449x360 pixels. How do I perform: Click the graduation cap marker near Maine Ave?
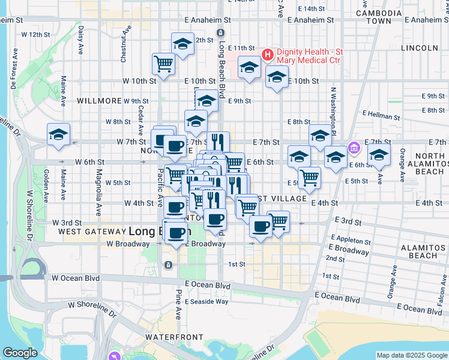58,135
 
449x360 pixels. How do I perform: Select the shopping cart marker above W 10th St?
164,62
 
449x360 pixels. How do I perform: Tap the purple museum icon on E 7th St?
354,148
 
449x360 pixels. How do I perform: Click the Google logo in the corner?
20,352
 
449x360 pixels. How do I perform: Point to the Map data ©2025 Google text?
412,355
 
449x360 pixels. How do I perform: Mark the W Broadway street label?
127,244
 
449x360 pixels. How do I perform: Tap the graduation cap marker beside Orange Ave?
379,155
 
